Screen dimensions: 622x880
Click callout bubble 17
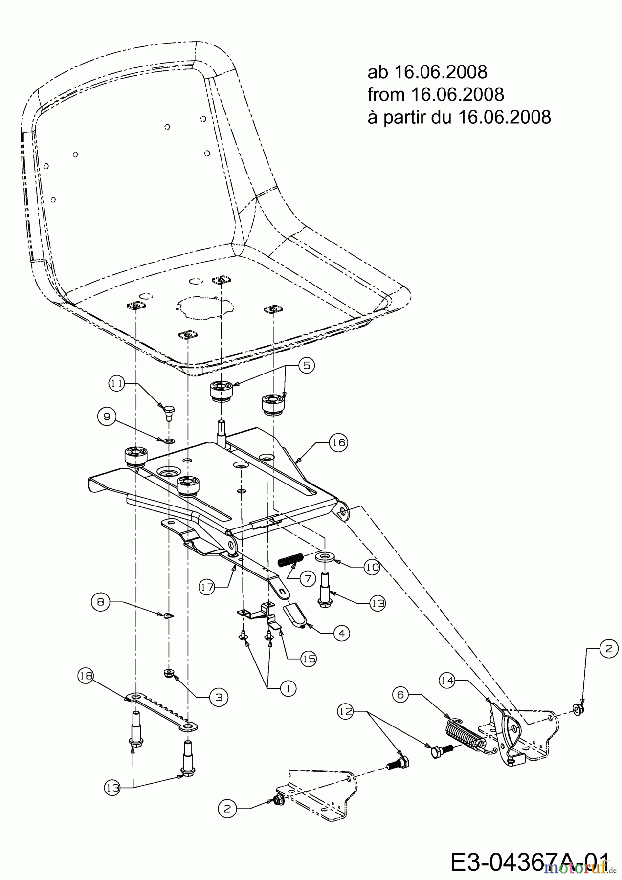pos(208,586)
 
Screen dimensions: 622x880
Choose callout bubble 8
pos(100,602)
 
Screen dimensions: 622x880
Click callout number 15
pos(309,659)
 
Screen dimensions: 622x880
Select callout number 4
pos(341,633)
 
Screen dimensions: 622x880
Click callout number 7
pos(308,579)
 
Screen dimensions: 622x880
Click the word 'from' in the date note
pos(386,94)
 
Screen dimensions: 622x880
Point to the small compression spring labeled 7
pos(291,558)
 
